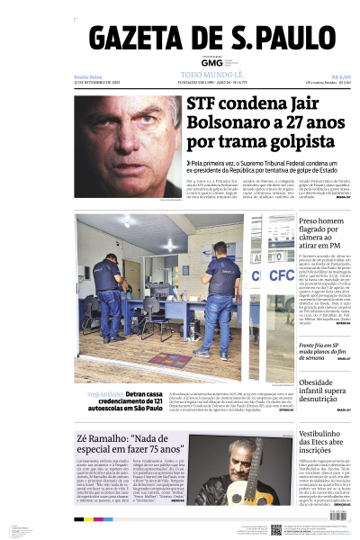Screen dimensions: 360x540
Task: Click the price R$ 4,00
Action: coord(339,76)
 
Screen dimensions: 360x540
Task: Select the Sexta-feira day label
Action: coord(87,76)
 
